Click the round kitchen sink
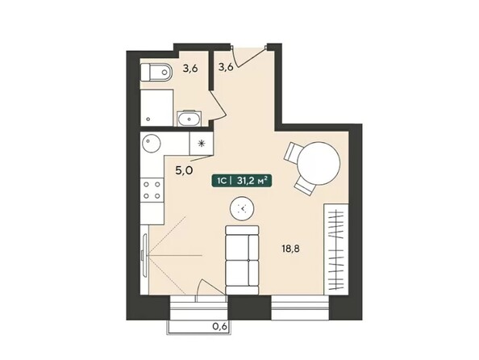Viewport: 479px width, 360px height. [151, 145]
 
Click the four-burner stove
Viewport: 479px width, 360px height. [150, 192]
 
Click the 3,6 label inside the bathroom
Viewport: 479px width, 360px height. [190, 69]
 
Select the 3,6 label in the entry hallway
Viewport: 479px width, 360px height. [226, 68]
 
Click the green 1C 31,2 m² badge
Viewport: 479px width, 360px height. [240, 182]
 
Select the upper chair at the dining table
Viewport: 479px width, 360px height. [293, 151]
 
